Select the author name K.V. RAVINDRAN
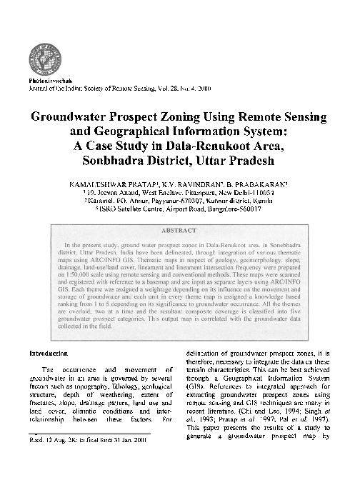198,184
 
